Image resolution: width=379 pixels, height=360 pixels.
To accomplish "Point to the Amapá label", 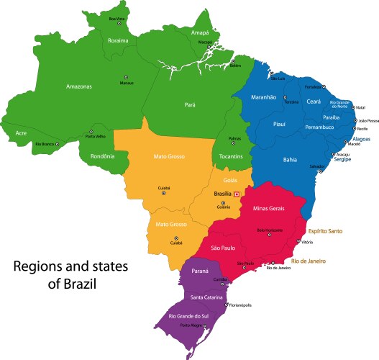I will (x=201, y=33).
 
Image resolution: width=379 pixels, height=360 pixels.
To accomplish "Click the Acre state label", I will (x=21, y=133).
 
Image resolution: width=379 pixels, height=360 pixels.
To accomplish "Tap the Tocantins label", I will (x=227, y=156).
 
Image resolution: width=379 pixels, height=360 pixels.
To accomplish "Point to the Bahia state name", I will (x=290, y=159).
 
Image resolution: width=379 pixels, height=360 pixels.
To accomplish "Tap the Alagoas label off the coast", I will (x=362, y=141).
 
